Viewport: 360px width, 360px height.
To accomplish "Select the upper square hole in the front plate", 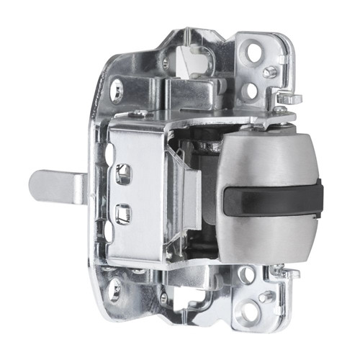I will point(123,172).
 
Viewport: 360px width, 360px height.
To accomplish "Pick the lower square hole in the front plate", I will point(123,213).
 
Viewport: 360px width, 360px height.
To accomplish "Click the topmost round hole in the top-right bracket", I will point(253,52).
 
